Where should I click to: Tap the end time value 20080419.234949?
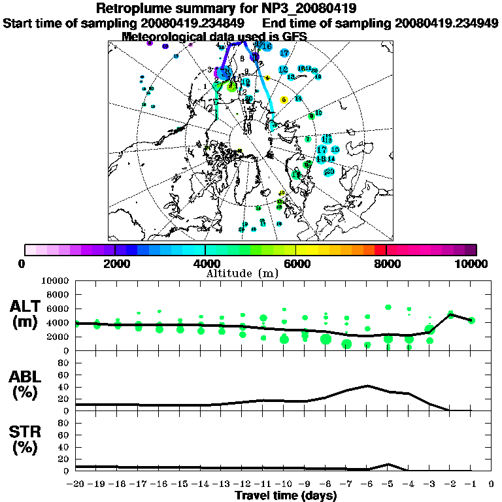click(x=445, y=23)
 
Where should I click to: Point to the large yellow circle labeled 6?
click(x=284, y=100)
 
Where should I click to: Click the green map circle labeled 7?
click(x=307, y=139)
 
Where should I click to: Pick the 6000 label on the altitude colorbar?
click(x=295, y=263)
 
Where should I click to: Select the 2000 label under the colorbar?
click(x=115, y=263)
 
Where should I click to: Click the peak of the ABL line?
click(x=368, y=386)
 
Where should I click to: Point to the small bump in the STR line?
click(x=388, y=464)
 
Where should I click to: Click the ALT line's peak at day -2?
click(x=450, y=314)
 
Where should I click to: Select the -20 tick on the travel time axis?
click(x=76, y=484)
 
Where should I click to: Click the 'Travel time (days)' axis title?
click(x=286, y=495)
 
